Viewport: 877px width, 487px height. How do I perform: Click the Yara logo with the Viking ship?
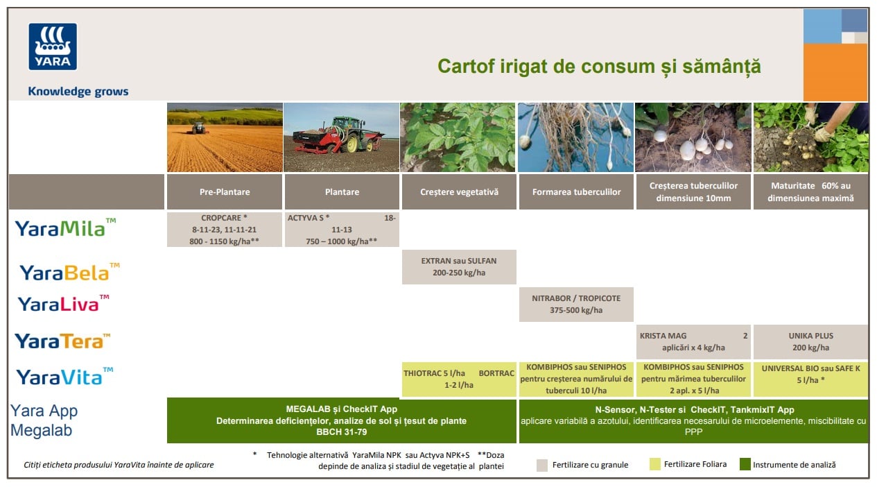pyautogui.click(x=53, y=46)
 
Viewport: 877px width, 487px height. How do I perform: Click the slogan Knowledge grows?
pyautogui.click(x=78, y=92)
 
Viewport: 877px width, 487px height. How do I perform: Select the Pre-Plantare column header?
pyautogui.click(x=225, y=191)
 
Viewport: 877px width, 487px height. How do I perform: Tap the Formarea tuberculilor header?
pyautogui.click(x=576, y=191)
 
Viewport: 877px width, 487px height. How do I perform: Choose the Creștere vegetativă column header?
pyautogui.click(x=459, y=191)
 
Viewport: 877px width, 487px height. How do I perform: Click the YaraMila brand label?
pyautogui.click(x=65, y=228)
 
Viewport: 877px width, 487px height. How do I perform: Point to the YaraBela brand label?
pyautogui.click(x=70, y=272)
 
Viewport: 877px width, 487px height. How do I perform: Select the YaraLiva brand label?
pyautogui.click(x=63, y=304)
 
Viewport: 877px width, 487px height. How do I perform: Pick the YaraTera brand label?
pyautogui.click(x=62, y=341)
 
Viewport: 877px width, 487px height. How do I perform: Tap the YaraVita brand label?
pyautogui.click(x=64, y=377)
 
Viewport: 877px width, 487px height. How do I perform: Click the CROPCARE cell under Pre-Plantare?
pyautogui.click(x=225, y=230)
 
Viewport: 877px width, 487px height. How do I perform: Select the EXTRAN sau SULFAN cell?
pyautogui.click(x=459, y=267)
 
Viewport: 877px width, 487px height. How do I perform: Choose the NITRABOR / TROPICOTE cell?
pyautogui.click(x=576, y=305)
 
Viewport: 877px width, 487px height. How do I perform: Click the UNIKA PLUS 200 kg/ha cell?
pyautogui.click(x=810, y=341)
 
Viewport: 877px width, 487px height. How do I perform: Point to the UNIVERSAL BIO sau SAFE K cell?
pyautogui.click(x=810, y=379)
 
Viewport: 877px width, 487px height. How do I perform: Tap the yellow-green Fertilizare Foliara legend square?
pyautogui.click(x=654, y=464)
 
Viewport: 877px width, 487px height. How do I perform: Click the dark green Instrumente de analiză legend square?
pyautogui.click(x=745, y=464)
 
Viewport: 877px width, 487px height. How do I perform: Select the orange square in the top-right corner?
pyautogui.click(x=835, y=72)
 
